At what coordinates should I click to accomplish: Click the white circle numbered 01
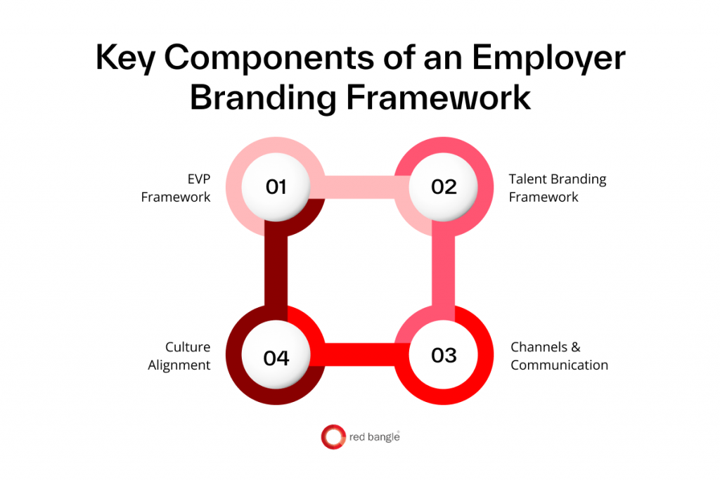pos(276,186)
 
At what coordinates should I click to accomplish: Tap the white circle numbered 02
pos(444,186)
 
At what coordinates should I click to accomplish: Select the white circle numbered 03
pos(444,355)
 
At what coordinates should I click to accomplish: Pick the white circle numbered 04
pos(276,357)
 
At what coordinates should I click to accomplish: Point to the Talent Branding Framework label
pos(557,188)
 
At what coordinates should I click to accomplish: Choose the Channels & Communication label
pos(559,356)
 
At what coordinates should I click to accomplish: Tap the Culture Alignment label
pos(179,356)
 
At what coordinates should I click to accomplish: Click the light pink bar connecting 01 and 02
pos(360,186)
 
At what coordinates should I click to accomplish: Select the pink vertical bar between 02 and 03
pos(444,271)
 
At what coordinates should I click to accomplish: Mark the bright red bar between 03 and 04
pos(360,355)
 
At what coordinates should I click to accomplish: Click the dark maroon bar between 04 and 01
pos(276,271)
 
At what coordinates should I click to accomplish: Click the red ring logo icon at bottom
pos(333,436)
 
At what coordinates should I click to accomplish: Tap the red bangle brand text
pos(374,437)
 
